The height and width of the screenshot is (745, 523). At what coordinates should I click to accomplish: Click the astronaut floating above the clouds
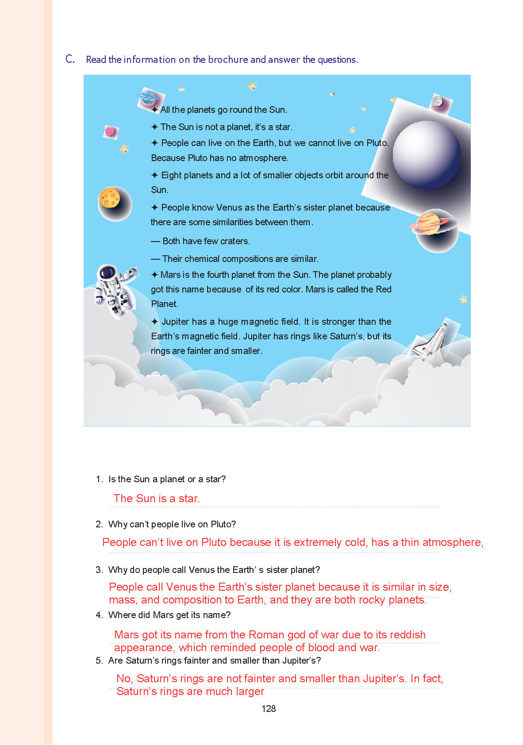[114, 290]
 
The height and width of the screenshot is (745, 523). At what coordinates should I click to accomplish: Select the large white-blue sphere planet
[426, 155]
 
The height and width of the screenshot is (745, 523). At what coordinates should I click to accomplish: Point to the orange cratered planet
[111, 198]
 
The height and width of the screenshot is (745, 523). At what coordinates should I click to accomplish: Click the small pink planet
[110, 131]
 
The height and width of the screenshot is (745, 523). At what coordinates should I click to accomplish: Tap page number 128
[269, 708]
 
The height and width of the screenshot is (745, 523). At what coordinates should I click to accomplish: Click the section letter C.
[70, 59]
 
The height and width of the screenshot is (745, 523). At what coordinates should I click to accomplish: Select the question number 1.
[99, 479]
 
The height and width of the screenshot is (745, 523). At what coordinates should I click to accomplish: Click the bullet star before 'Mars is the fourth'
[154, 275]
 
